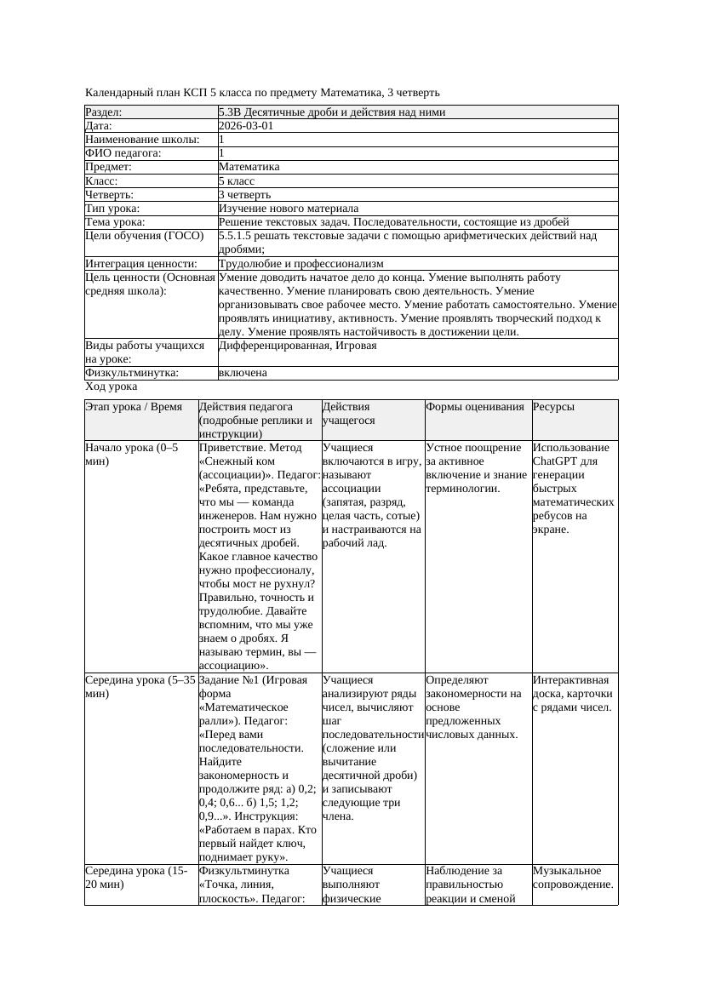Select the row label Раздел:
point(104,112)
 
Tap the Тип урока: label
point(112,209)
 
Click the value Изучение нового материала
point(289,209)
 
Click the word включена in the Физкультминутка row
point(243,373)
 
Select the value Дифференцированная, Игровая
point(297,346)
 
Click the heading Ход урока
point(111,386)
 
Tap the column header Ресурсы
point(553,407)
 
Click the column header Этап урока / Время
point(134,407)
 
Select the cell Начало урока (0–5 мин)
point(132,455)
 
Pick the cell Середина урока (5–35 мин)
point(140,687)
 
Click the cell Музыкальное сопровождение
point(573,878)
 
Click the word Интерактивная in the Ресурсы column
point(571,680)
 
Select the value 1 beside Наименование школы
point(222,140)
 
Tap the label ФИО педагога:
point(123,153)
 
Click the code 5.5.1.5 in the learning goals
point(238,236)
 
